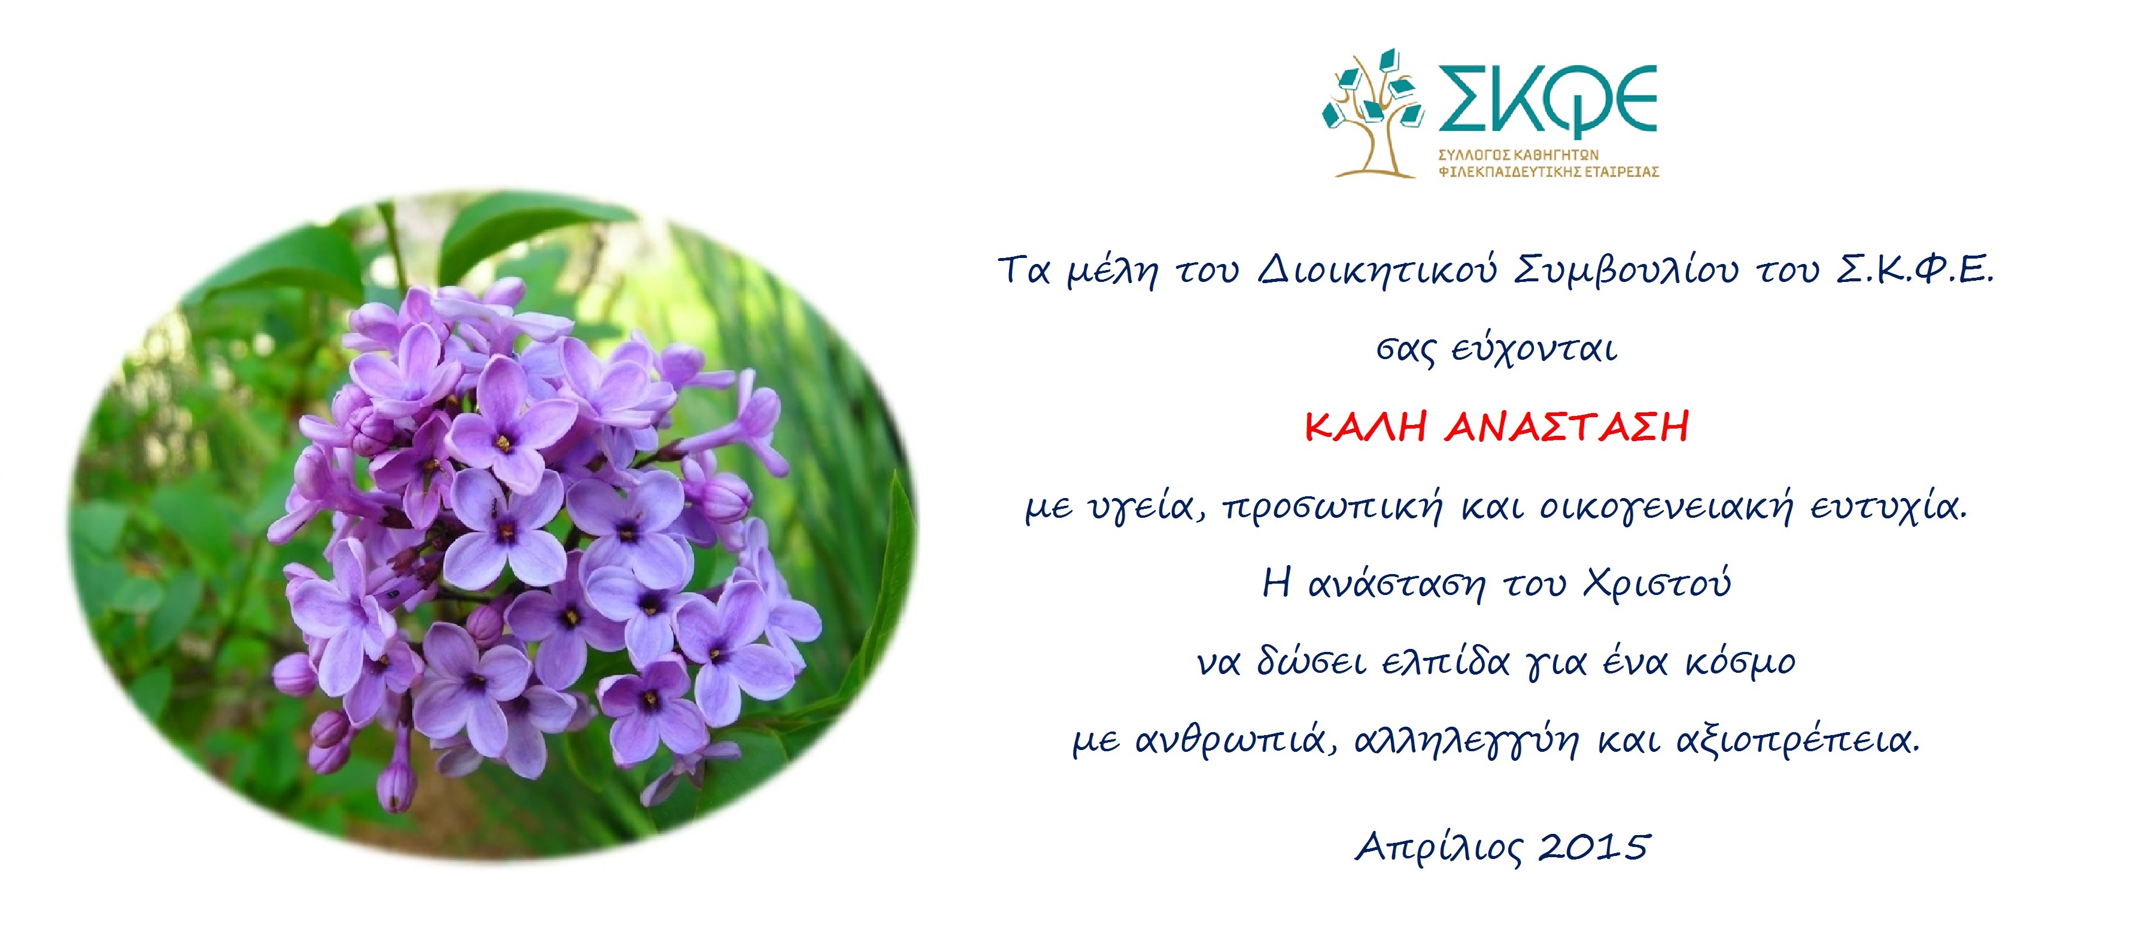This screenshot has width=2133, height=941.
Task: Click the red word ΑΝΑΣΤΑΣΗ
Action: tap(1567, 427)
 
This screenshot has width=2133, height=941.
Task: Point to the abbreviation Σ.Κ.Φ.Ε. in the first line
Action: tap(1915, 270)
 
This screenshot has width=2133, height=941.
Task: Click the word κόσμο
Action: tap(1740, 662)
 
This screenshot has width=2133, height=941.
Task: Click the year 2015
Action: tap(1594, 846)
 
